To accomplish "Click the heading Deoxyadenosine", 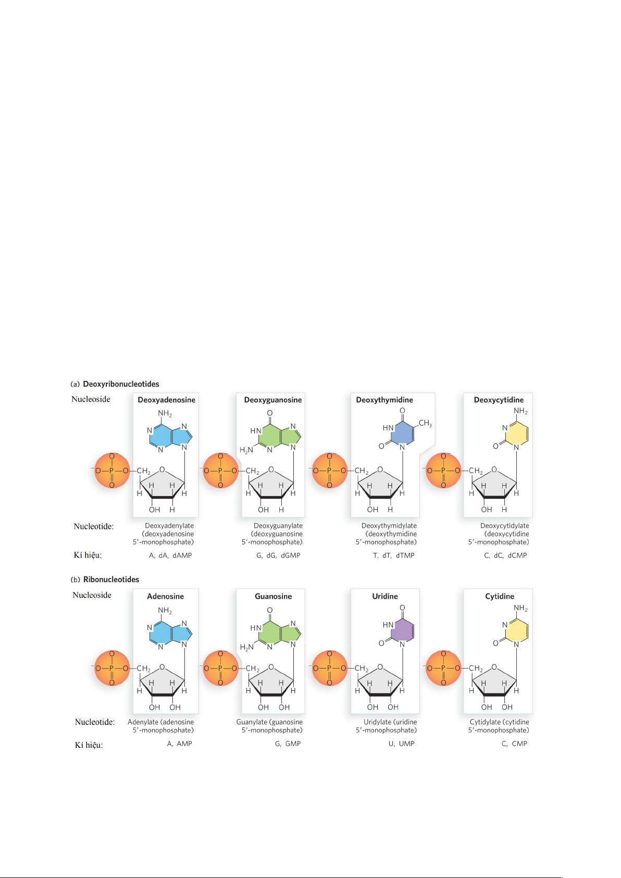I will (166, 400).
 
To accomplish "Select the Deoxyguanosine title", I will (272, 400).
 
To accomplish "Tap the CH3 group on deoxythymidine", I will (425, 423).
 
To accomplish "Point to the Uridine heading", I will (384, 596).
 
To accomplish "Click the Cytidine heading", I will (499, 596).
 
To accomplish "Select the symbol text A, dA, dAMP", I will (170, 555).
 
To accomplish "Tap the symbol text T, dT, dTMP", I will (393, 555).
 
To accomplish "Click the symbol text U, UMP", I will (401, 744).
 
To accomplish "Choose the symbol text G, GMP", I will (288, 744).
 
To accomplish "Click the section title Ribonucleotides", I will (111, 579).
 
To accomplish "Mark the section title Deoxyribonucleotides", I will (121, 384).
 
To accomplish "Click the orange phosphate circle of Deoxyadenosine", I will (111, 471).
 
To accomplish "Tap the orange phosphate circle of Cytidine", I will (443, 668).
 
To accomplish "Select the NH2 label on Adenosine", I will (165, 610).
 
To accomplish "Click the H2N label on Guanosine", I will (246, 647).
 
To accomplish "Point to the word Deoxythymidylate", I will (389, 526).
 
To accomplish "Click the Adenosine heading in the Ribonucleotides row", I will (165, 596).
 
